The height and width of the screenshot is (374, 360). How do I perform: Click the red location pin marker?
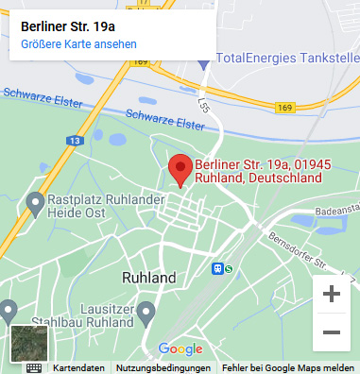pyautogui.click(x=180, y=169)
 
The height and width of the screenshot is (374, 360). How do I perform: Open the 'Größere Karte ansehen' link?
pyautogui.click(x=78, y=44)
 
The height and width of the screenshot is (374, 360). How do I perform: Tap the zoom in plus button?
pyautogui.click(x=331, y=294)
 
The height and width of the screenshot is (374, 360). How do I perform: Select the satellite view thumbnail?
pyautogui.click(x=28, y=344)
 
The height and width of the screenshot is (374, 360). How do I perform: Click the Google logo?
pyautogui.click(x=180, y=348)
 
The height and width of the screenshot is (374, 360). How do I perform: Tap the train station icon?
pyautogui.click(x=218, y=269)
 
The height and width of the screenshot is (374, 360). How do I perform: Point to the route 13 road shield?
pyautogui.click(x=74, y=141)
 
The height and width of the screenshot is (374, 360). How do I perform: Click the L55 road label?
pyautogui.click(x=203, y=105)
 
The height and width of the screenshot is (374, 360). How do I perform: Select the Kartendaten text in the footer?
pyautogui.click(x=77, y=367)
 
